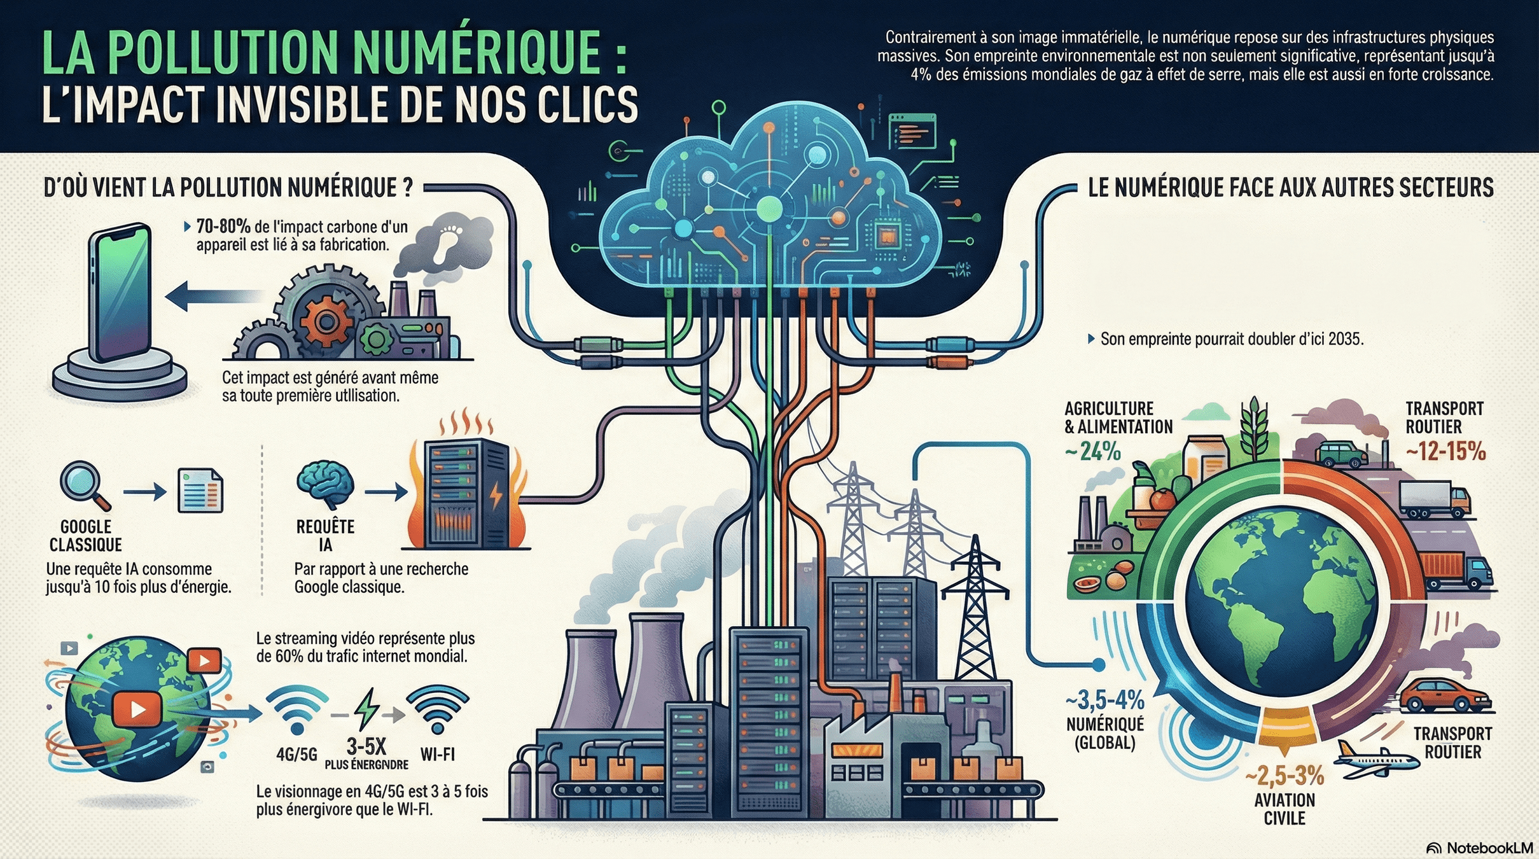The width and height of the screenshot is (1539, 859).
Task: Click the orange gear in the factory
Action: tap(326, 321)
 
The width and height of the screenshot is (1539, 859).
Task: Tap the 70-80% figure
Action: tap(223, 227)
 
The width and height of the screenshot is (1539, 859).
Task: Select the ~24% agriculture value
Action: tap(1092, 452)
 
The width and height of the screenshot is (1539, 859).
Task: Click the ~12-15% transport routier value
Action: tap(1445, 452)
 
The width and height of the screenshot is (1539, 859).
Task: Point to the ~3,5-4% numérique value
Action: tap(1105, 701)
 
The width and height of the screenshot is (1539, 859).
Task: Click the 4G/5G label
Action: tap(296, 755)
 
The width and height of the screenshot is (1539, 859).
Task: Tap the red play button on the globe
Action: tap(137, 709)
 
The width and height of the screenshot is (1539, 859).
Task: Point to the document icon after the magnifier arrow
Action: tap(200, 491)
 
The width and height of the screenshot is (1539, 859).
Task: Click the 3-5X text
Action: tap(366, 746)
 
